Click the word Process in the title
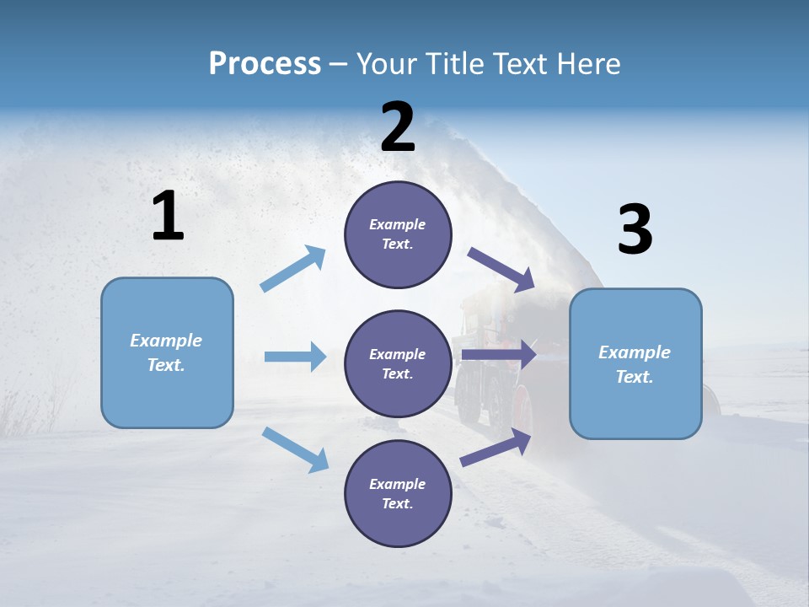point(265,64)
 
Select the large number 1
point(168,217)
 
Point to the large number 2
point(398,127)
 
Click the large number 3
point(635,230)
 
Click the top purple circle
point(398,234)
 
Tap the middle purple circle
point(398,363)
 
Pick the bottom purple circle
point(398,493)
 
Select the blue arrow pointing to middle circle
point(296,357)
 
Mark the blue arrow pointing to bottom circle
point(296,449)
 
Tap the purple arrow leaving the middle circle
point(500,355)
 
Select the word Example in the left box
point(166,341)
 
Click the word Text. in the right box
point(635,377)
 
